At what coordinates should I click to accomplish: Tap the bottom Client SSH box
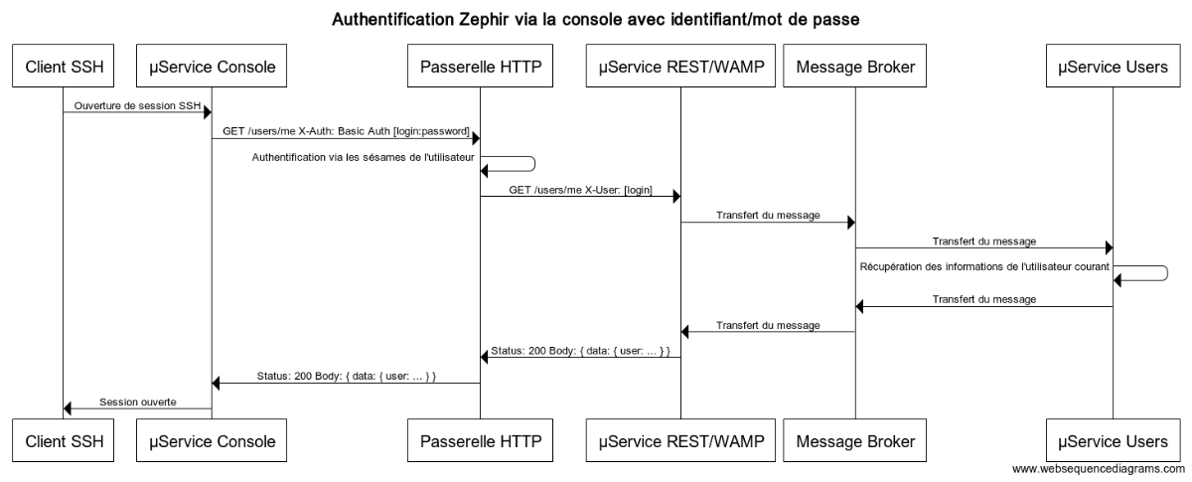[64, 438]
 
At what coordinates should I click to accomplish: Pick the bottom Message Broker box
[855, 438]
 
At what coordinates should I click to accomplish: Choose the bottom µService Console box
[211, 438]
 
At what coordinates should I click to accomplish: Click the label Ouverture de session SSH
[132, 104]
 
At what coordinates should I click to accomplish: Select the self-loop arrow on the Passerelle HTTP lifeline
[532, 165]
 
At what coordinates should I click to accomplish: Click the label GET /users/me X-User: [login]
[580, 188]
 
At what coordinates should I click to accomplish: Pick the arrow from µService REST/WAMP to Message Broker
[768, 223]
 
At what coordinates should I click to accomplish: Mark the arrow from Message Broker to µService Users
[983, 248]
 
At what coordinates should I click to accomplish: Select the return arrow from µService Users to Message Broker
[983, 307]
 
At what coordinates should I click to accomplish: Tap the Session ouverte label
[137, 402]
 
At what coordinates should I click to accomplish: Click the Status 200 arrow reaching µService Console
[346, 384]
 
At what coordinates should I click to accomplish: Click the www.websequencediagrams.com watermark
[1098, 468]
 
